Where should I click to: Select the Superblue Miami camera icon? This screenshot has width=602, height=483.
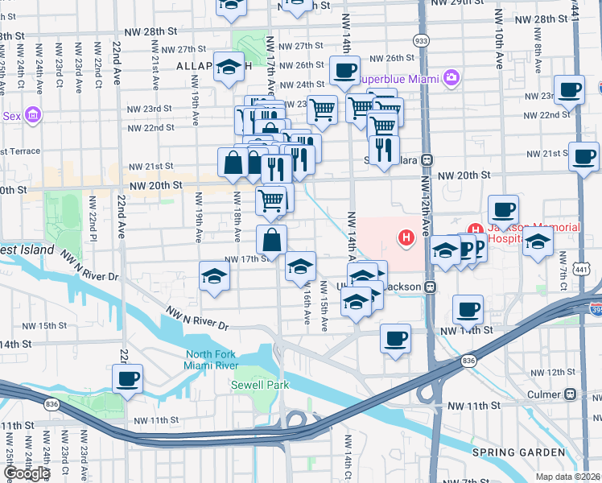pyautogui.click(x=451, y=78)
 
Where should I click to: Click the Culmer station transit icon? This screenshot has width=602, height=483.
pyautogui.click(x=570, y=394)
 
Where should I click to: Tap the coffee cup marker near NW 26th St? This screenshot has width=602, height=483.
pyautogui.click(x=344, y=70)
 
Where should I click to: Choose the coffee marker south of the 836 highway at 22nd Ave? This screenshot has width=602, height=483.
pyautogui.click(x=128, y=378)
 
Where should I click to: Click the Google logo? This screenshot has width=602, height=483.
pyautogui.click(x=26, y=473)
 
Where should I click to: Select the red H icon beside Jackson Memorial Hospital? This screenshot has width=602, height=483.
pyautogui.click(x=407, y=237)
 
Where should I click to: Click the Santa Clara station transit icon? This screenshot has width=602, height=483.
pyautogui.click(x=428, y=159)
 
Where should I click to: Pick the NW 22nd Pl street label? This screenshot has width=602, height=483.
pyautogui.click(x=93, y=223)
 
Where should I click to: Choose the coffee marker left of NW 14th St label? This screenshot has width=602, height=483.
pyautogui.click(x=394, y=338)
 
